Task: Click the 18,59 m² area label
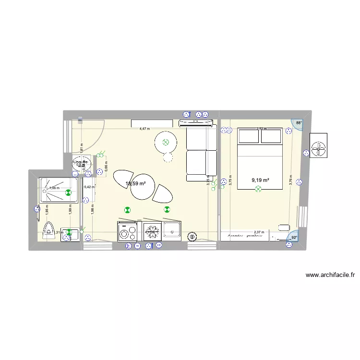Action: point(135,183)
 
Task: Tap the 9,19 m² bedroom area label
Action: point(260,180)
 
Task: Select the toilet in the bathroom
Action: point(49,230)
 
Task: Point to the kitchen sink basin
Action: point(172,231)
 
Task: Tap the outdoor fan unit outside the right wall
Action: point(319,150)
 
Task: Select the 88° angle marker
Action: point(299,123)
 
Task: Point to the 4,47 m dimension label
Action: point(144,129)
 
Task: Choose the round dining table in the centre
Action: point(142,187)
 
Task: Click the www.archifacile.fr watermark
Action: point(330,275)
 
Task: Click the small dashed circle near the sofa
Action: point(168,157)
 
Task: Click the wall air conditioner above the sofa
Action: point(196,123)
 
